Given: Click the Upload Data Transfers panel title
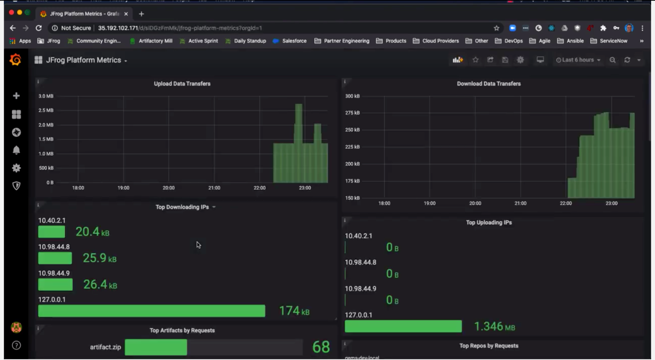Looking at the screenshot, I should tap(182, 84).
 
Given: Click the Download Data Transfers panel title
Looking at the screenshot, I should tap(489, 84).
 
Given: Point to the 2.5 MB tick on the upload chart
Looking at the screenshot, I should tap(46, 110).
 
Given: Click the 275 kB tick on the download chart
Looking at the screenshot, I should tap(352, 113).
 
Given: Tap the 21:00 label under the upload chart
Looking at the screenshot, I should tap(214, 188).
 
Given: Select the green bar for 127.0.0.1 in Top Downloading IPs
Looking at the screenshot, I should tap(151, 311).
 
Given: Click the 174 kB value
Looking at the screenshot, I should tap(294, 311).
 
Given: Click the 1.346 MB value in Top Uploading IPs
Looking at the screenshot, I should tap(494, 326).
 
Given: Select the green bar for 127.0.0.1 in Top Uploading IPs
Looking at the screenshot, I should tap(403, 326).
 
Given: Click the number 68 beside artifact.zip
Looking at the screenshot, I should tap(321, 347).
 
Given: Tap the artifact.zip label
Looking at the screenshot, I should tap(105, 347).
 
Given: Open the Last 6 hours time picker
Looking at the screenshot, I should tap(578, 60).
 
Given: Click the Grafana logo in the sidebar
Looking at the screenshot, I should tap(15, 60).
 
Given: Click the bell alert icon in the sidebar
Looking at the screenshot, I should tap(16, 150).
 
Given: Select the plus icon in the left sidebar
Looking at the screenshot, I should tap(16, 96).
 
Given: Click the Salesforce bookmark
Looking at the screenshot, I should tap(294, 41).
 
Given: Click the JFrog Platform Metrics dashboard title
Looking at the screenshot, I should tap(84, 60).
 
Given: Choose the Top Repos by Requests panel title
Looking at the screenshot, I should tap(489, 346).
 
